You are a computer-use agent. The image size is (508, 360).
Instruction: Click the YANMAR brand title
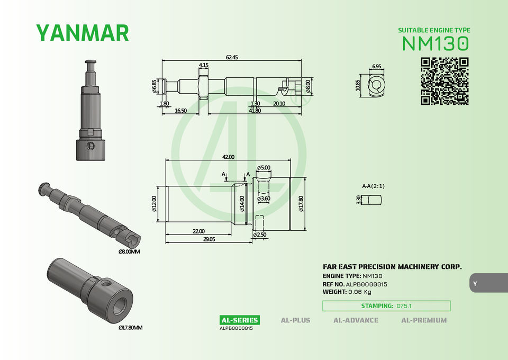[83, 33]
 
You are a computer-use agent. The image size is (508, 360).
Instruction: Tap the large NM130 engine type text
[436, 43]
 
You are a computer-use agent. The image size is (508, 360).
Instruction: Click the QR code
[444, 82]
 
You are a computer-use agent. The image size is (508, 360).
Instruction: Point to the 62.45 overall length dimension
[232, 57]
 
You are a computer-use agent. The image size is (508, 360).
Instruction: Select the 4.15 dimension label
[203, 65]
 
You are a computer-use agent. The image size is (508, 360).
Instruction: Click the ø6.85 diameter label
[154, 86]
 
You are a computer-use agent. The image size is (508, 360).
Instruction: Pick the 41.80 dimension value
[255, 111]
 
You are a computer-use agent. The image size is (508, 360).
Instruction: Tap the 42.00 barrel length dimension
[228, 157]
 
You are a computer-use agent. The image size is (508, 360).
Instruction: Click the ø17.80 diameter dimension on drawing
[301, 203]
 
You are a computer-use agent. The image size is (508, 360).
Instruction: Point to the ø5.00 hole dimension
[264, 167]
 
